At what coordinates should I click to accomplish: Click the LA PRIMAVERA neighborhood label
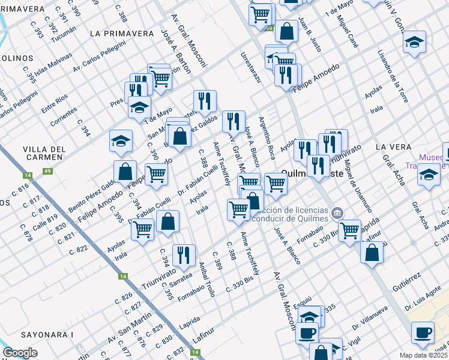[x=121, y=34]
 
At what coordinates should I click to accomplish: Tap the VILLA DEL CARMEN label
[x=43, y=153]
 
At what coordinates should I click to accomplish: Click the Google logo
[x=20, y=353]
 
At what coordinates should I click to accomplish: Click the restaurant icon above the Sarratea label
[x=183, y=254]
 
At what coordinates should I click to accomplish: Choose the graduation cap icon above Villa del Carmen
[x=121, y=140]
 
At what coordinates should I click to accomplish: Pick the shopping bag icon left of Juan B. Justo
[x=287, y=31]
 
